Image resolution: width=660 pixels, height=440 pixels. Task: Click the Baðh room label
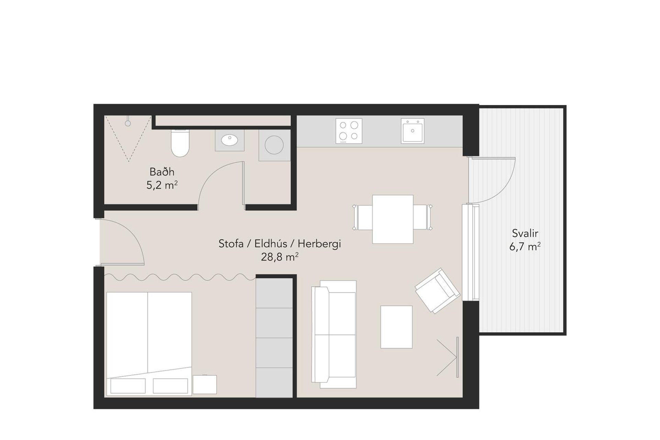162,172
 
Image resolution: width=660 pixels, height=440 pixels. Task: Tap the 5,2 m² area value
162,186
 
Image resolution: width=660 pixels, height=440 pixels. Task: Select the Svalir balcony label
525,233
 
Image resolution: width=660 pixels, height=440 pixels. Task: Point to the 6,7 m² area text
525,247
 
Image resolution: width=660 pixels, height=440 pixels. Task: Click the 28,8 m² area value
279,257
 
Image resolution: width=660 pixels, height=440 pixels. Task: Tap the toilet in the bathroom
180,143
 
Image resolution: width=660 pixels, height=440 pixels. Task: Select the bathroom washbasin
230,140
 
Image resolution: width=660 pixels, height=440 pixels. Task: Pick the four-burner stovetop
349,131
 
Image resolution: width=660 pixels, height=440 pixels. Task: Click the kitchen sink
412,131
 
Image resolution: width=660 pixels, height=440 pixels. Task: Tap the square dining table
393,219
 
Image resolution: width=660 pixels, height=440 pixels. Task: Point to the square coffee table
396,327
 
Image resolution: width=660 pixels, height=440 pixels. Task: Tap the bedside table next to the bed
205,384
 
